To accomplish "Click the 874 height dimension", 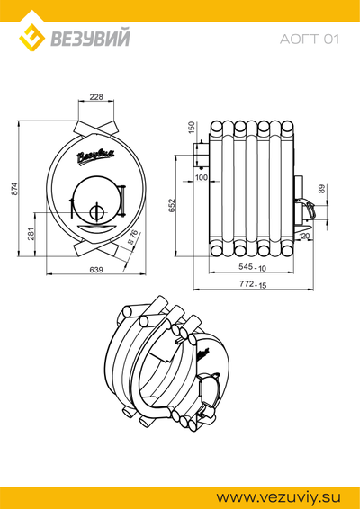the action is pos(14,189).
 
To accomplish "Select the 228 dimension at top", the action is pos(96,97).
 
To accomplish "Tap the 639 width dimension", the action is pos(96,270).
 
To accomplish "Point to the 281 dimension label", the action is pos(31,234).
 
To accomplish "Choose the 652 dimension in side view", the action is pos(172,205).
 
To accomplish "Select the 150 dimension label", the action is pos(192,128).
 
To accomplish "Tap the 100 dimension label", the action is pos(202,177).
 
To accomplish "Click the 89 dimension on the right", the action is pos(321,189).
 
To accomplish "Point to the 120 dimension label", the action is pos(304,236).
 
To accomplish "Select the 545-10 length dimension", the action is pos(253,267).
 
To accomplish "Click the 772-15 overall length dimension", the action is pos(253,284).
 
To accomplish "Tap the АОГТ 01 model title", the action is pos(310,40).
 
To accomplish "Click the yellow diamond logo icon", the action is pos(31,38).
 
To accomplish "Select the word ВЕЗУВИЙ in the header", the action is pos(90,38).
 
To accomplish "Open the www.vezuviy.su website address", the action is pos(278,497).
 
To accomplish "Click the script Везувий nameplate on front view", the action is pos(95,156).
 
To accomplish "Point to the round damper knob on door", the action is pos(95,212).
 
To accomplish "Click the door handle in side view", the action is pos(308,208).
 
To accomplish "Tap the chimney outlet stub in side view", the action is pos(201,156).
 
